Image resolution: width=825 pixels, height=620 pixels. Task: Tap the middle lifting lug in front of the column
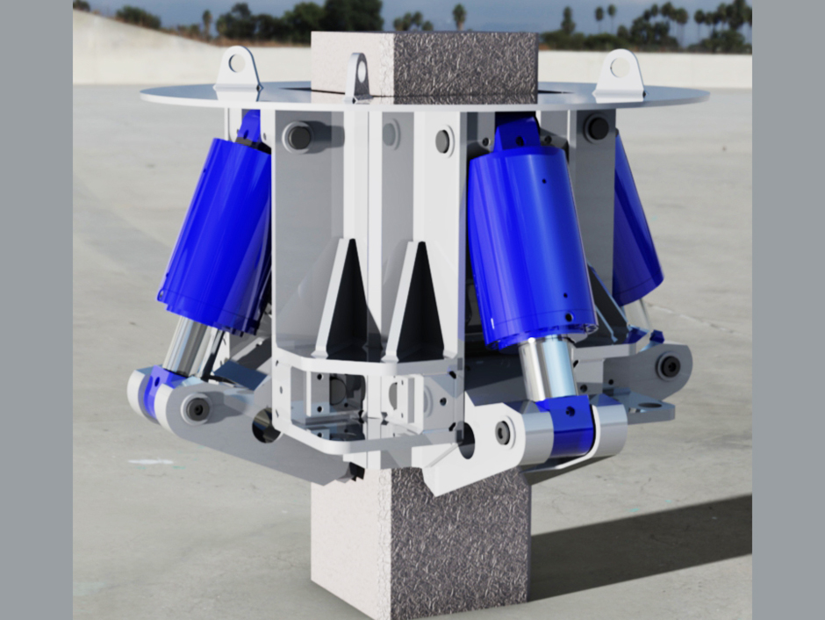[357, 76]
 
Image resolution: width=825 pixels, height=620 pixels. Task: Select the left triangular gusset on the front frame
[343, 299]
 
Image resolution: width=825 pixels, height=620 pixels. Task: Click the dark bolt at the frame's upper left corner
[299, 136]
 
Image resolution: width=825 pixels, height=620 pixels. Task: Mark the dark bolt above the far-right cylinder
[598, 128]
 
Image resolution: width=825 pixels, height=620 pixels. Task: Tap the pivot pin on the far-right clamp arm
[669, 365]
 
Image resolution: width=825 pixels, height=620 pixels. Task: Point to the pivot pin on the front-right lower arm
[503, 431]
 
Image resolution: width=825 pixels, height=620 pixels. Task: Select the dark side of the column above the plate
[464, 61]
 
